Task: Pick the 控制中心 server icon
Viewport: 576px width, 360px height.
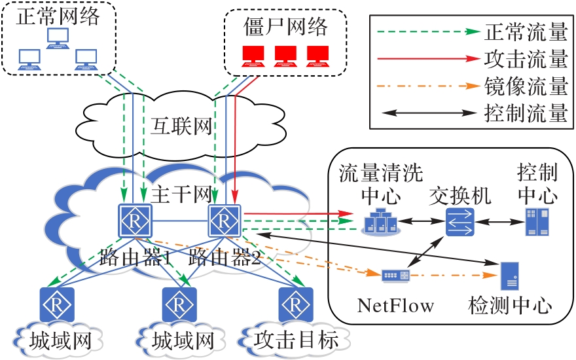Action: [x=537, y=222]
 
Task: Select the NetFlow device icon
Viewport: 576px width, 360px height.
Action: [x=396, y=275]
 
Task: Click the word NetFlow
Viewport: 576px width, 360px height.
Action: [x=395, y=305]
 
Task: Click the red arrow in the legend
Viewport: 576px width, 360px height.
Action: [x=425, y=58]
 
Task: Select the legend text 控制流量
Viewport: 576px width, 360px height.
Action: [x=526, y=114]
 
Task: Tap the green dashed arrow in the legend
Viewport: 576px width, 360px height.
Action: [x=425, y=31]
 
